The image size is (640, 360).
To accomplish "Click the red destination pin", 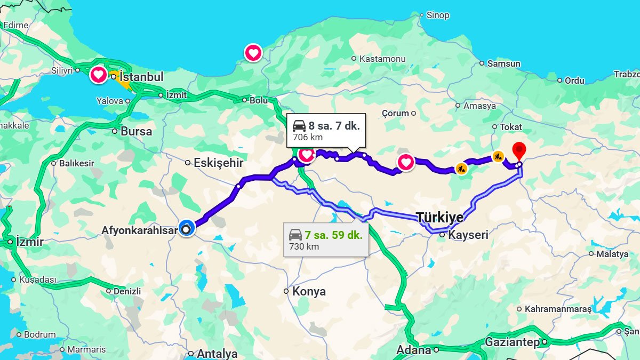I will pos(519,149).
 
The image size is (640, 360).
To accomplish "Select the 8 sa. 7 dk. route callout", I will pos(326,131).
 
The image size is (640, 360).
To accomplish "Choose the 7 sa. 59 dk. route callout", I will pos(326,239).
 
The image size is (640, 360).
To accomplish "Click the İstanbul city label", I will pos(141,77).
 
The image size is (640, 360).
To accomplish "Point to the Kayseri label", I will pos(468,235).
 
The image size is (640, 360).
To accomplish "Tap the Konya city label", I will pos(309,292).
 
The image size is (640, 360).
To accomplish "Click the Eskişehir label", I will pos(218,163).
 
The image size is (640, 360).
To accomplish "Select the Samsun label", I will pos(503,63).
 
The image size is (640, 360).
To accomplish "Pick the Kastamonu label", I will pos(382,59).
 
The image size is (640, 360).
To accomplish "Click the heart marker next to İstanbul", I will pos(98,75).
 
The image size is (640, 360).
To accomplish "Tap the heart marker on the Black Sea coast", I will pos(253,52).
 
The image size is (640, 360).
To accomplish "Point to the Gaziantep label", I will pos(512,342).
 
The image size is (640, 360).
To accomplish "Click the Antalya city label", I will pos(217,354).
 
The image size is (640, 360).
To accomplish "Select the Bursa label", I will pos(136,131).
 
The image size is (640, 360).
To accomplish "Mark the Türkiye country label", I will pos(439,218).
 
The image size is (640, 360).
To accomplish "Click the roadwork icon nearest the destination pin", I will pos(498,156).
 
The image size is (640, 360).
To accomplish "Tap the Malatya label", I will pos(612,254).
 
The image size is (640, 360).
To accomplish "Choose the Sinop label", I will pos(437,15).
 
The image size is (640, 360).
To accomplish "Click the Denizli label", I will pos(127,291).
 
